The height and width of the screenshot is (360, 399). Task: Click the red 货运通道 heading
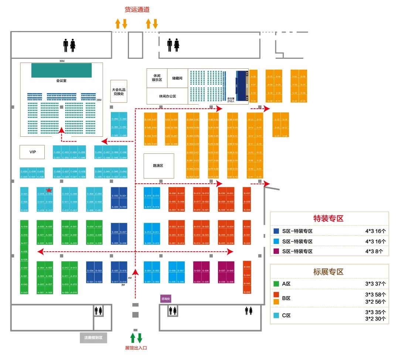pyautogui.click(x=136, y=10)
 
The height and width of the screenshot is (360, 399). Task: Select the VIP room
pyautogui.click(x=32, y=152)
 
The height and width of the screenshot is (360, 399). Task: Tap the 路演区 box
pyautogui.click(x=158, y=165)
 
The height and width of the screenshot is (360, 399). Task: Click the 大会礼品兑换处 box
pyautogui.click(x=119, y=91)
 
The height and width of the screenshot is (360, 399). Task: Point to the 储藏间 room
pyautogui.click(x=177, y=78)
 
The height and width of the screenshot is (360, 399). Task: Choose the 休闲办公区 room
pyautogui.click(x=167, y=96)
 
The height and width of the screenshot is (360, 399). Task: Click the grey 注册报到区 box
pyautogui.click(x=93, y=337)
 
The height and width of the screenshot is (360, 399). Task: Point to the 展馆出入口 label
pyautogui.click(x=136, y=348)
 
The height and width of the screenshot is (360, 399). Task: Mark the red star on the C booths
pyautogui.click(x=49, y=190)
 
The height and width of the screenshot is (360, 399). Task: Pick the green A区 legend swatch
pyautogui.click(x=276, y=284)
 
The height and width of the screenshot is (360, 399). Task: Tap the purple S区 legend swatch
pyautogui.click(x=276, y=251)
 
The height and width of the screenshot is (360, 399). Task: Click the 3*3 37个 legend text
pyautogui.click(x=375, y=284)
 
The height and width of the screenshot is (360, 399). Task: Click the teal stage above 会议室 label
pyautogui.click(x=61, y=70)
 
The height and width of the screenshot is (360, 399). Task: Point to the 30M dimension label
pyautogui.click(x=61, y=61)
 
